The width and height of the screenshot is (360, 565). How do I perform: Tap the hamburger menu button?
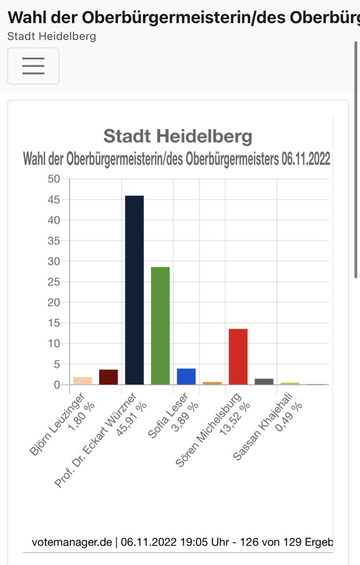point(33,66)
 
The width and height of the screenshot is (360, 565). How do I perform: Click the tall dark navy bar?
point(134,290)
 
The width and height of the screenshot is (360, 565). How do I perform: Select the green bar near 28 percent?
point(160,326)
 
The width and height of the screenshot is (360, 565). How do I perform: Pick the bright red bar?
point(238,356)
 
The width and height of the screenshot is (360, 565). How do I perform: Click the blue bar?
point(186,377)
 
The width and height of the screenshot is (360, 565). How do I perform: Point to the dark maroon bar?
point(108,377)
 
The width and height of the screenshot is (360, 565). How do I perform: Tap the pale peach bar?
point(82,381)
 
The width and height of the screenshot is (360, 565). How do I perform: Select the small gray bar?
point(264,381)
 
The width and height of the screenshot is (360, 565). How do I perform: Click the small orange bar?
point(212,383)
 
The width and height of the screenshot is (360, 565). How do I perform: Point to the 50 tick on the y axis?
point(54,179)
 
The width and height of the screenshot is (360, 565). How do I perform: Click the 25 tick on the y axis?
point(54,282)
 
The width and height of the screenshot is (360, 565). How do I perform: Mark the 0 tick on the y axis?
point(57,385)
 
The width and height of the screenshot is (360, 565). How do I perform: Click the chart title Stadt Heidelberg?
point(177,137)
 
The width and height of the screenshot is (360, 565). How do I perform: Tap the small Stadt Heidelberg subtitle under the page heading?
point(52,36)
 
